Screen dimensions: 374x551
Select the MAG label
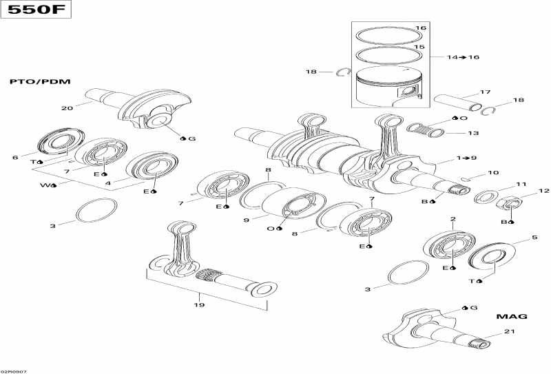(x=512, y=316)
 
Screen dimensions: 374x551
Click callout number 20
(x=66, y=108)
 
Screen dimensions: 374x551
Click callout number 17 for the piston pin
(x=485, y=92)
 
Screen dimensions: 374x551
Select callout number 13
(x=473, y=133)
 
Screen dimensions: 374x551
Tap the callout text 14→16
(x=462, y=57)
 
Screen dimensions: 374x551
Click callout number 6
(x=14, y=158)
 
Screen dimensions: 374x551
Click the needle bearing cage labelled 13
(x=427, y=129)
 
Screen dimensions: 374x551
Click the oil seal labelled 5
(x=491, y=256)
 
